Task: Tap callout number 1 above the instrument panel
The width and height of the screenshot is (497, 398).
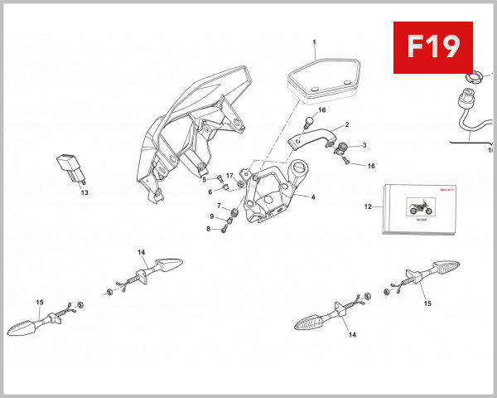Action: coord(315,41)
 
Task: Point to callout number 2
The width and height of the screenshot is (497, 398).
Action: coord(346,125)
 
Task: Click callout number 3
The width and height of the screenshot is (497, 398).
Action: coord(364,145)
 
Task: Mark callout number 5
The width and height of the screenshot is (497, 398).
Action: coord(204,179)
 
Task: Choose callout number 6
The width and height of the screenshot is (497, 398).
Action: coord(210,192)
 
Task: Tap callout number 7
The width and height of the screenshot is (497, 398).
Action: coord(219,206)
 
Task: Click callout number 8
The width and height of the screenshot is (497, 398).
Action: coord(210,228)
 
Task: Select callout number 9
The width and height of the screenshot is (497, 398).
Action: coord(211,217)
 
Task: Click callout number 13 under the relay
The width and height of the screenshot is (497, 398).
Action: coord(84,192)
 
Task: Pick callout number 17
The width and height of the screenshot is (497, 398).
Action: coord(229,176)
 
